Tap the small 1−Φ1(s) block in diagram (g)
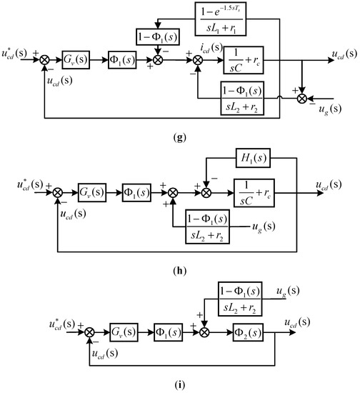click(159, 36)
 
